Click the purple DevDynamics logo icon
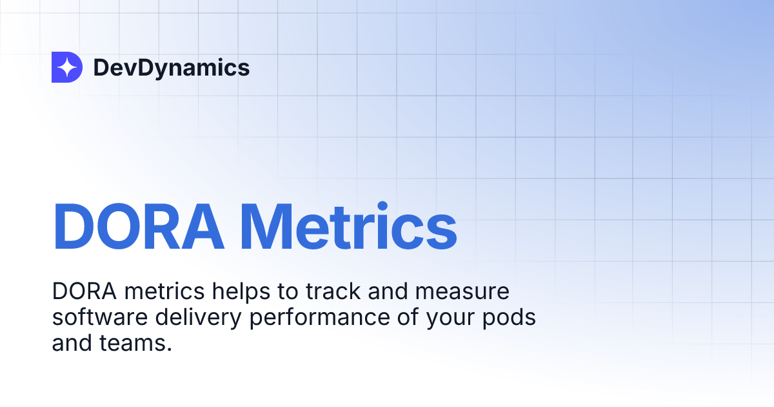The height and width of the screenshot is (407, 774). coord(66,67)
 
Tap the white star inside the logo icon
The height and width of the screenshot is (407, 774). coord(66,67)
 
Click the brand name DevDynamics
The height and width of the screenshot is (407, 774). coord(171,67)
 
